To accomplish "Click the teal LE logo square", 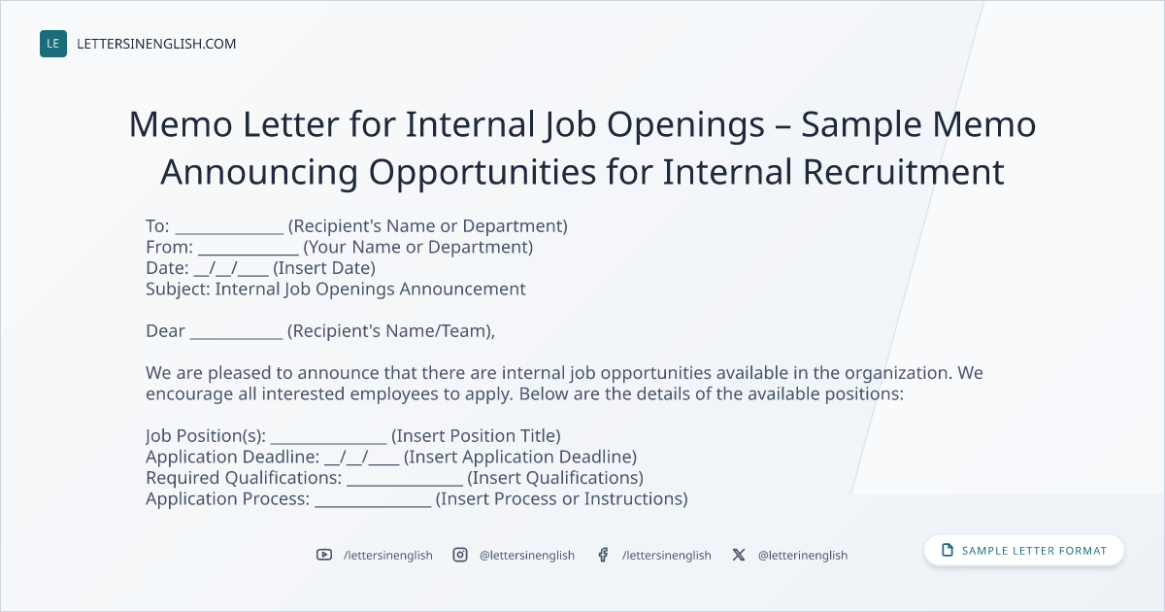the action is pyautogui.click(x=53, y=44).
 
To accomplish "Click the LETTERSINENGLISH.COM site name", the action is pyautogui.click(x=156, y=44).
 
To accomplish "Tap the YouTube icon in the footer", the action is pyautogui.click(x=324, y=555).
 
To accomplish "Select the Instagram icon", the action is pyautogui.click(x=460, y=555).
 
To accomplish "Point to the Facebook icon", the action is pyautogui.click(x=603, y=555).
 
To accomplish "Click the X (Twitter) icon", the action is pyautogui.click(x=739, y=555).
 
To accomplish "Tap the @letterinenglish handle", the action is pyautogui.click(x=803, y=556).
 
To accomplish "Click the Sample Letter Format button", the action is pyautogui.click(x=1023, y=551).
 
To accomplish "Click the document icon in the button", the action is pyautogui.click(x=948, y=550).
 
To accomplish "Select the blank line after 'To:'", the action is pyautogui.click(x=229, y=233).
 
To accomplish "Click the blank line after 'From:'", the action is pyautogui.click(x=249, y=254).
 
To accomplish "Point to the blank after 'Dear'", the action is pyautogui.click(x=236, y=338).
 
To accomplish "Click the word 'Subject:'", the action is pyautogui.click(x=178, y=289).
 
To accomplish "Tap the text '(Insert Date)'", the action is pyautogui.click(x=324, y=268).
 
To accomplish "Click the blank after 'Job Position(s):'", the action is pyautogui.click(x=329, y=443).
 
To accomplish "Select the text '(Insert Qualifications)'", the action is pyautogui.click(x=555, y=478).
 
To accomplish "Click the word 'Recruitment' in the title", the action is pyautogui.click(x=904, y=172).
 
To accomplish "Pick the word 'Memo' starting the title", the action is pyautogui.click(x=181, y=124).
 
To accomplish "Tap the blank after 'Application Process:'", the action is pyautogui.click(x=373, y=506).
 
